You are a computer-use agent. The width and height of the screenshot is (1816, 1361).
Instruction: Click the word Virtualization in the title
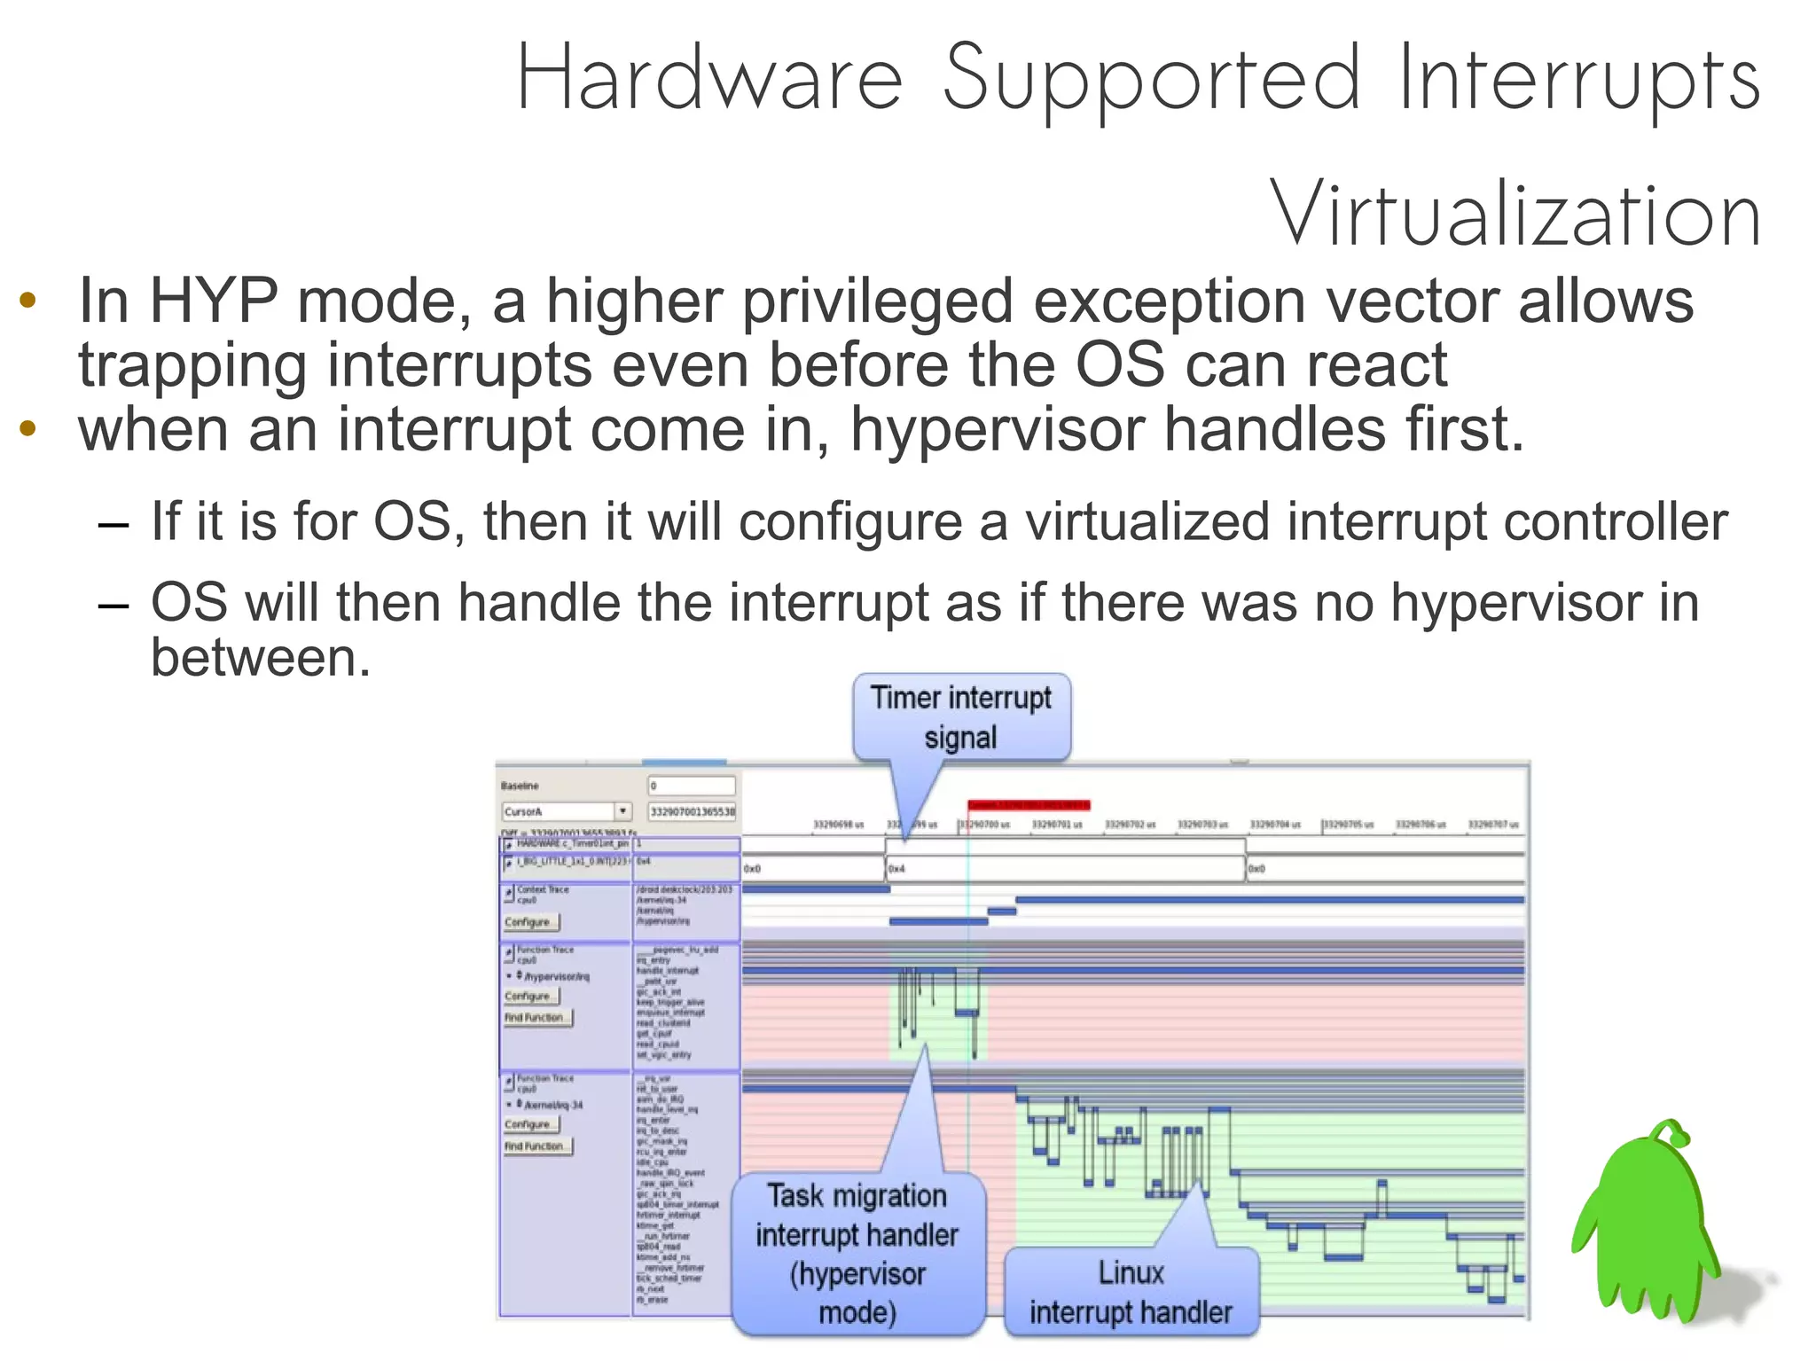[x=1515, y=215]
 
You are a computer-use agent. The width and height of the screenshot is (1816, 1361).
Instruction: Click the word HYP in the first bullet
[x=213, y=301]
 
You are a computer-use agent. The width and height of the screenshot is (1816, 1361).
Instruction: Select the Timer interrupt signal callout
[x=961, y=717]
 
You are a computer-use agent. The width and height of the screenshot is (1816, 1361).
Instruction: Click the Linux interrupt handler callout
[x=1131, y=1292]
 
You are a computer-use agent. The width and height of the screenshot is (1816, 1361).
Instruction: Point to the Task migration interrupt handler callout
[x=857, y=1253]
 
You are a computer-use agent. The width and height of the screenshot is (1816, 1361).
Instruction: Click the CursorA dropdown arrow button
[x=623, y=811]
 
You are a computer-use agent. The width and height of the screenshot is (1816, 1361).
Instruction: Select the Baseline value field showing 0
[x=691, y=786]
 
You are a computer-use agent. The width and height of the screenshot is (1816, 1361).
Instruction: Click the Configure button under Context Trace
[x=531, y=922]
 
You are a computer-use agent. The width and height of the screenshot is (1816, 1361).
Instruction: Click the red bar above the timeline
[x=1028, y=805]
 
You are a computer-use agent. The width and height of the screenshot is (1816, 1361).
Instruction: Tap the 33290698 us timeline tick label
[x=838, y=825]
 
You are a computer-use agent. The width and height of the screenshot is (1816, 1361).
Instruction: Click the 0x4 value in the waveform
[x=896, y=869]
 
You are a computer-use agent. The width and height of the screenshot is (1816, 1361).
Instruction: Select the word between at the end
[x=260, y=658]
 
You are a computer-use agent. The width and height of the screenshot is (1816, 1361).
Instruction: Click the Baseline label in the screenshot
[x=520, y=786]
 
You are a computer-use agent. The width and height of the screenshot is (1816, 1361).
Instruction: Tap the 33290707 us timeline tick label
[x=1493, y=825]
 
